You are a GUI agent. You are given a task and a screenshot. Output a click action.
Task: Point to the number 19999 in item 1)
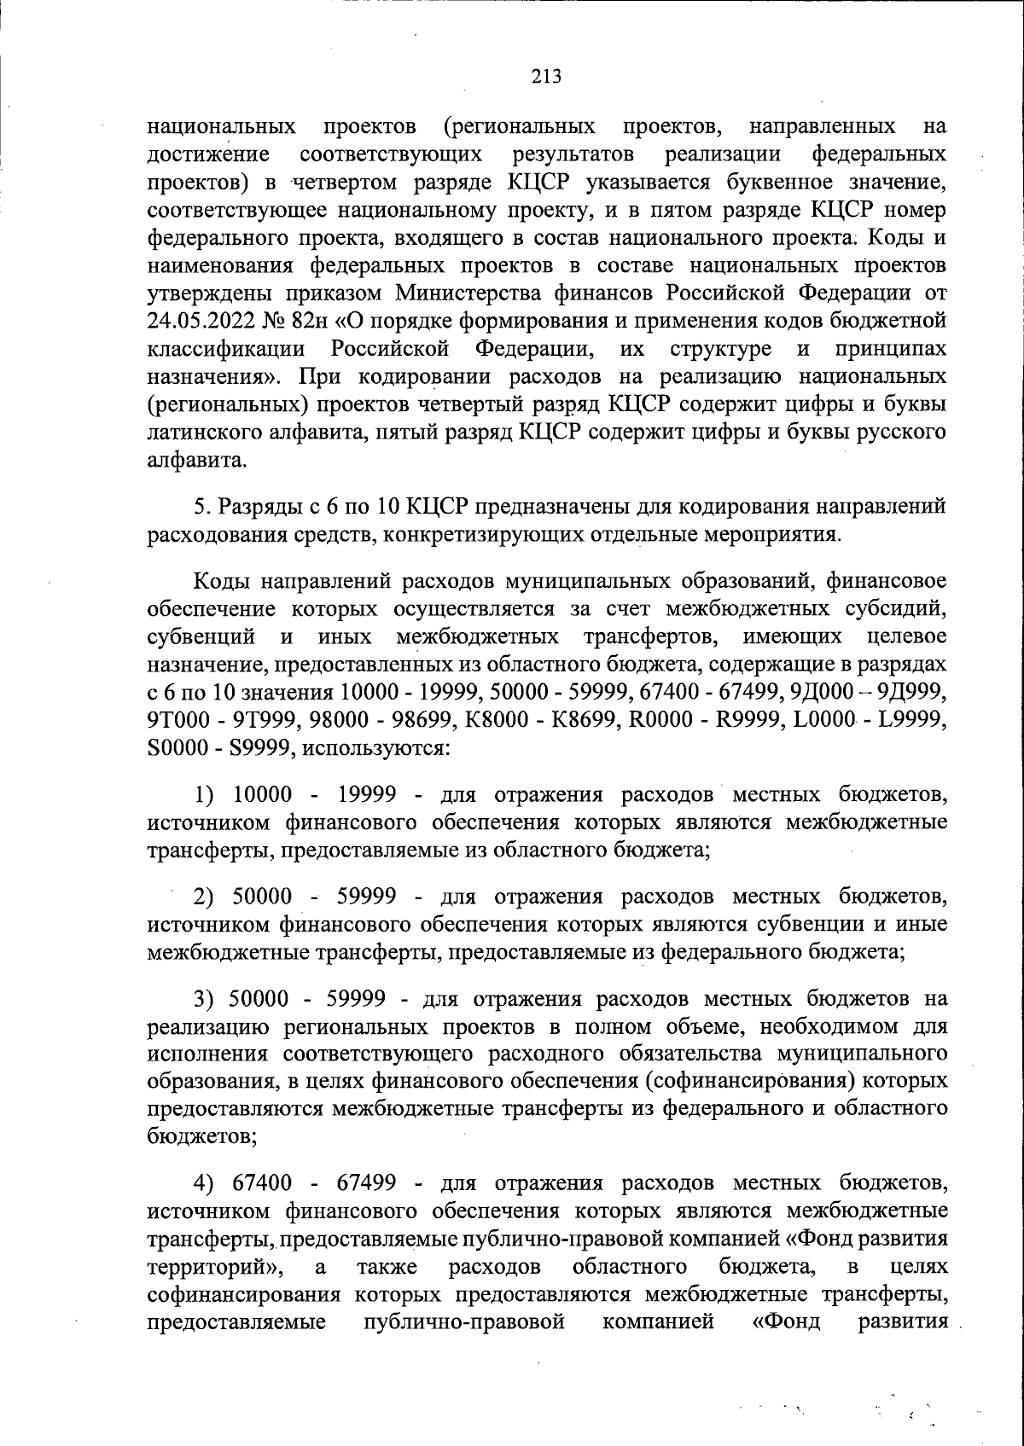[367, 795]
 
